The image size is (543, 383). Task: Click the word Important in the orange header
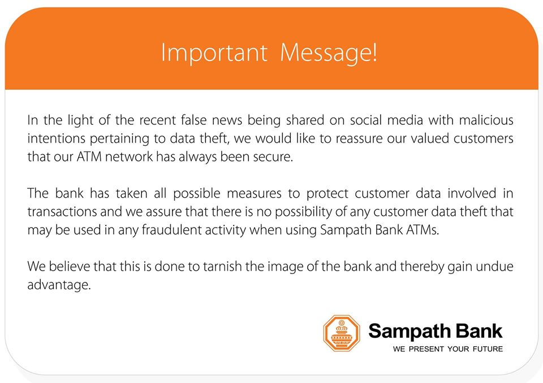point(214,53)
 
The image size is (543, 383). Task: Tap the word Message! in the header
point(328,53)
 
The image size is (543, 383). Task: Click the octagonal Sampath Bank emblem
point(342,333)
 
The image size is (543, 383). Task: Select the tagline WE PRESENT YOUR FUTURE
point(448,349)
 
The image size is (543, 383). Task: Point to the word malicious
point(486,120)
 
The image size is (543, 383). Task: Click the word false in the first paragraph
point(193,120)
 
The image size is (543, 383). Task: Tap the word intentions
point(56,138)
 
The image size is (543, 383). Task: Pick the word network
point(128,156)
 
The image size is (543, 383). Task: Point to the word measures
point(254,193)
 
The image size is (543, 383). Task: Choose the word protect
point(327,194)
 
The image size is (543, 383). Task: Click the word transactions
point(62,212)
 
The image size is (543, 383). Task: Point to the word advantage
point(59,285)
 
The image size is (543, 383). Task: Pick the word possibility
point(303,212)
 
